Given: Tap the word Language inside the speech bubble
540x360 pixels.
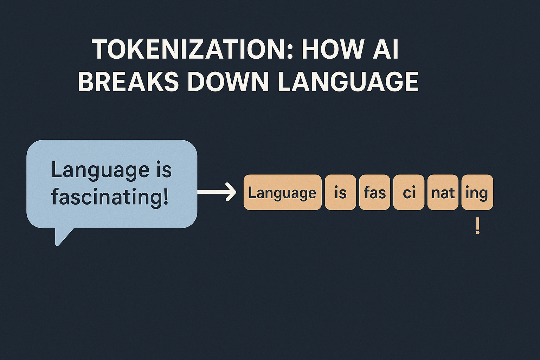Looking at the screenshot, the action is (x=100, y=171).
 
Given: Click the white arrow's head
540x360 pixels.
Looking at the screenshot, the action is (x=231, y=192).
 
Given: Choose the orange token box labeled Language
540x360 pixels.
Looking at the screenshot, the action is (x=283, y=192).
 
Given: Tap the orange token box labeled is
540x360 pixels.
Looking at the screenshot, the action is (x=340, y=192).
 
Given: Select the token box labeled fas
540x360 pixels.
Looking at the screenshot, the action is (x=375, y=192).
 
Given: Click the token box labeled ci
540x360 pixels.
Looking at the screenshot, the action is (x=409, y=192).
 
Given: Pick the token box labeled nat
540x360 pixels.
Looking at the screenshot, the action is (x=443, y=192).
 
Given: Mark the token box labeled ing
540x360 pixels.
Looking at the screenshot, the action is (x=477, y=192).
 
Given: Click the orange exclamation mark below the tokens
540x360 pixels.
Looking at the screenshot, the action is (x=477, y=226).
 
